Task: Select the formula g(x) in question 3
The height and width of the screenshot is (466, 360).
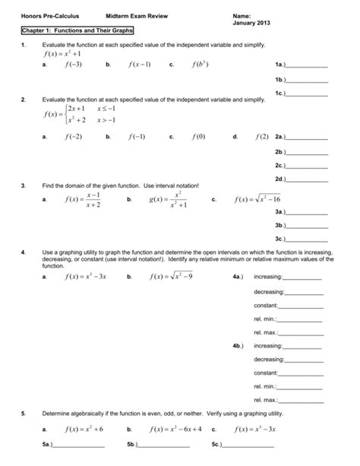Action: point(166,200)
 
